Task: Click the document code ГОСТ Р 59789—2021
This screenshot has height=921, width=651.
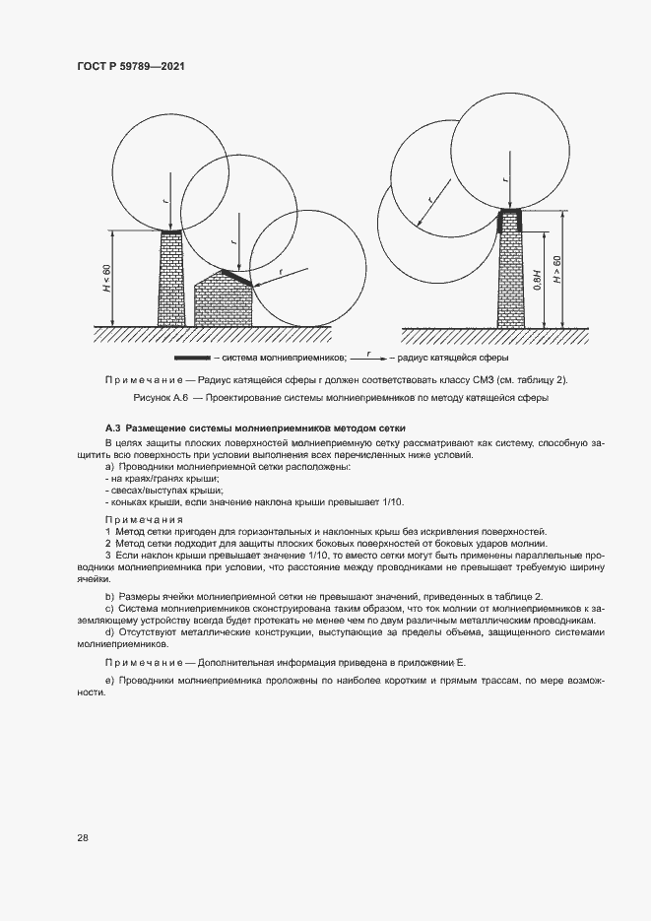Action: [131, 66]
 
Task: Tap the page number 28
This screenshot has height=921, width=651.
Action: [82, 837]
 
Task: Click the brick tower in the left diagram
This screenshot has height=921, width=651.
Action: [171, 279]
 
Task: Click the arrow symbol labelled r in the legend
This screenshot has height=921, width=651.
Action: [367, 359]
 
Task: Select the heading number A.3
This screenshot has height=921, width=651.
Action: [112, 430]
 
